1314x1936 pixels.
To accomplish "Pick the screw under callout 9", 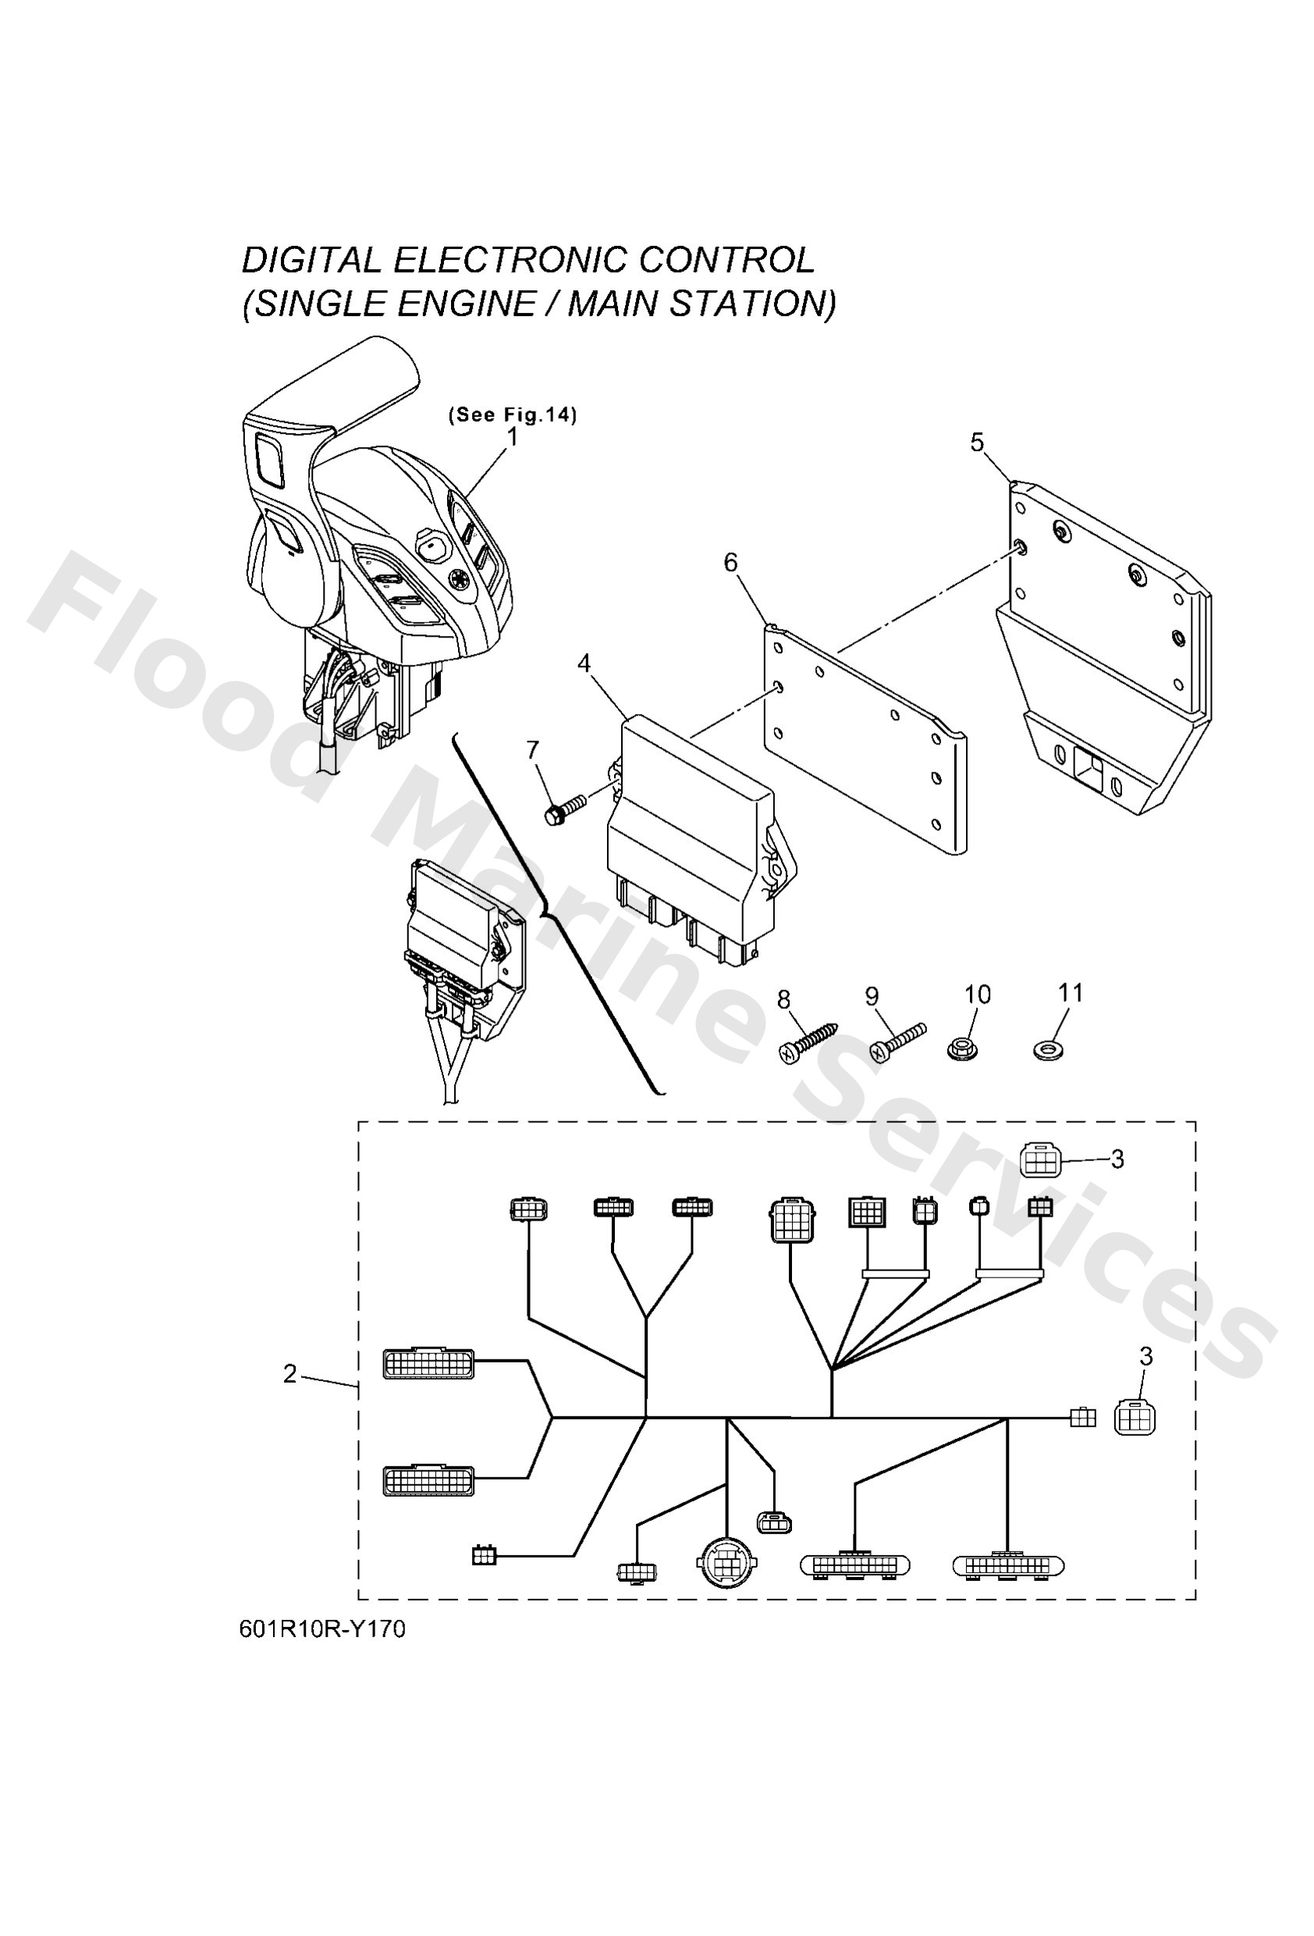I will pyautogui.click(x=897, y=1041).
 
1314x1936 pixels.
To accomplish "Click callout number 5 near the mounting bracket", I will pyautogui.click(x=978, y=442).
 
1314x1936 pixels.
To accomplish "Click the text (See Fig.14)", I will pyautogui.click(x=513, y=415).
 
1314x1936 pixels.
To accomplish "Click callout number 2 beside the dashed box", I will pyautogui.click(x=290, y=1373).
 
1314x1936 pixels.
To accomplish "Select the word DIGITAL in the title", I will pyautogui.click(x=310, y=261).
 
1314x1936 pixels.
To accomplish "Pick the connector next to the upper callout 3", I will pyautogui.click(x=1040, y=1160).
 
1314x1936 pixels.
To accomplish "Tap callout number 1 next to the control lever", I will pyautogui.click(x=513, y=436).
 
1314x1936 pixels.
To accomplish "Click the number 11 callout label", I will pyautogui.click(x=1070, y=993).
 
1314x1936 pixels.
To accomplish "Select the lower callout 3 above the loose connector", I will pyautogui.click(x=1145, y=1357).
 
